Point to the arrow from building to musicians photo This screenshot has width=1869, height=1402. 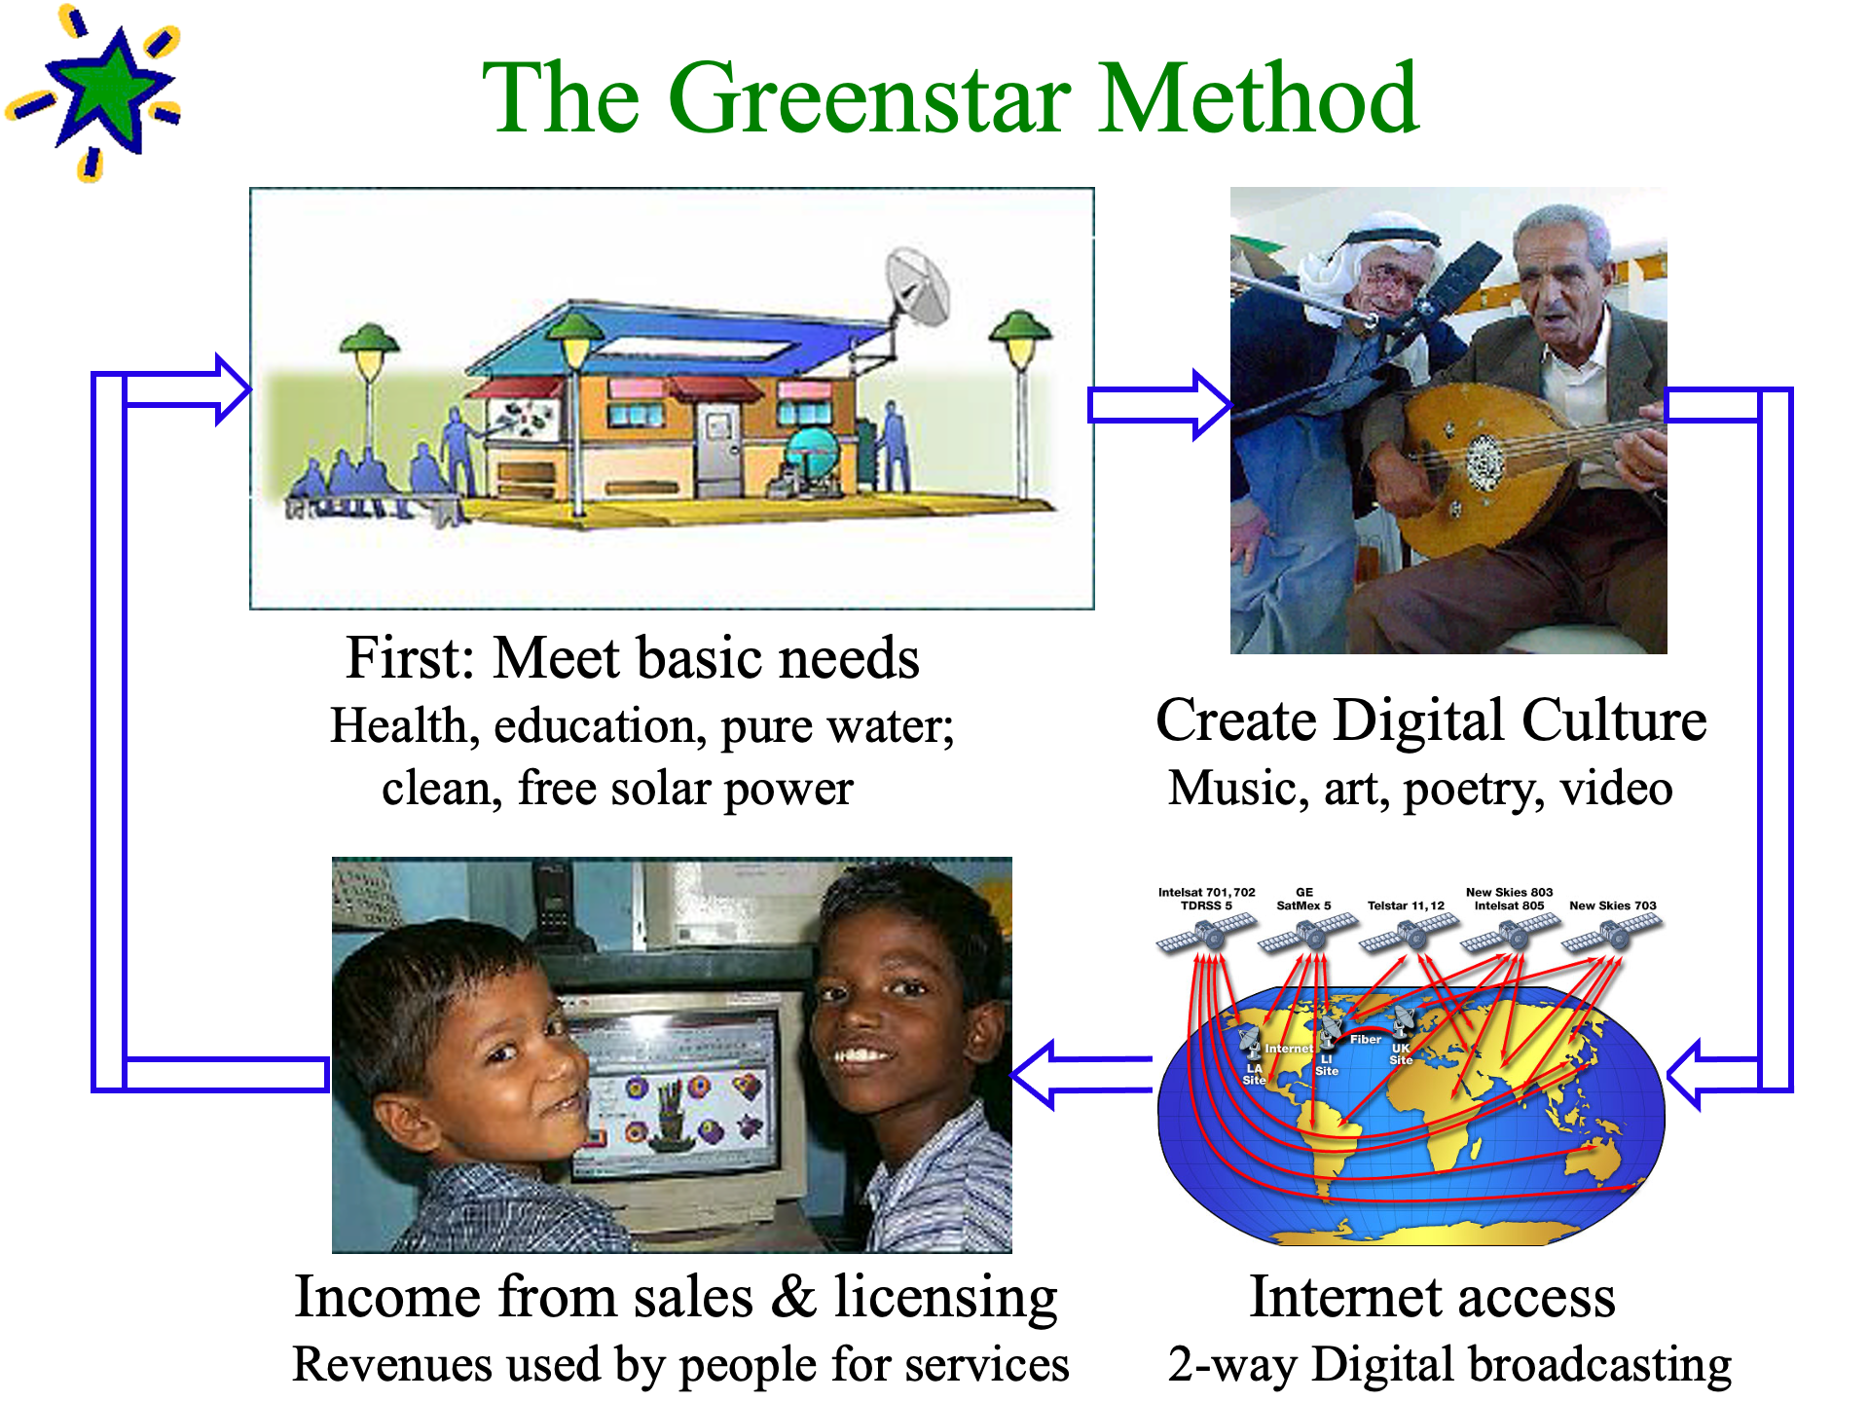tap(1159, 404)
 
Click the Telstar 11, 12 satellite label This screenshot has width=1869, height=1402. tap(1406, 905)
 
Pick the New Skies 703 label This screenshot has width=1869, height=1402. tap(1612, 905)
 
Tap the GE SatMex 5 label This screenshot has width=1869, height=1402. tap(1303, 899)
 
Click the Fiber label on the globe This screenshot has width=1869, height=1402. tap(1365, 1039)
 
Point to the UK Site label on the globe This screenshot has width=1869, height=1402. tap(1401, 1054)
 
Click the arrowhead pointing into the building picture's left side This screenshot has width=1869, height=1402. tap(234, 389)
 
